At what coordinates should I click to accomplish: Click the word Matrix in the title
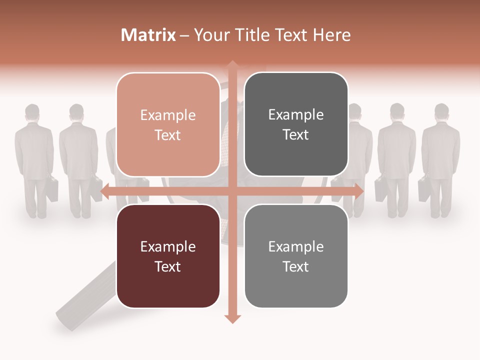tap(148, 35)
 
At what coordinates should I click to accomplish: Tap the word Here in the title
tap(331, 35)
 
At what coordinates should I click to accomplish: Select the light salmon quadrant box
tap(168, 124)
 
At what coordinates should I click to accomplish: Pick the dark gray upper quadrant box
tap(296, 124)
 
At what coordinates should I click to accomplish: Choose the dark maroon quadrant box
tap(168, 256)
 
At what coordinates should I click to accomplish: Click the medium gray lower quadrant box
tap(296, 256)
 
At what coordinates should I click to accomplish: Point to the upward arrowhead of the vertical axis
tap(232, 65)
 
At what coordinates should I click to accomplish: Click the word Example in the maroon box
tap(168, 246)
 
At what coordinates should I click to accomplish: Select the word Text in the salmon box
tap(168, 135)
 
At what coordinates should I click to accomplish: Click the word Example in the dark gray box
tap(296, 114)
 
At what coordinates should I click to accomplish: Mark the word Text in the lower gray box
tap(296, 266)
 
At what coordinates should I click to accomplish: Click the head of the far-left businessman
tap(32, 112)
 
